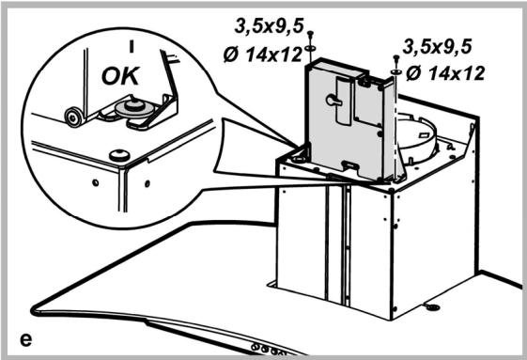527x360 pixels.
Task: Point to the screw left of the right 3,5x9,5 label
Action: pos(395,59)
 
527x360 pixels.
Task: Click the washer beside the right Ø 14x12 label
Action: pos(395,70)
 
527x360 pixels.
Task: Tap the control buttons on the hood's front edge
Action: pos(268,347)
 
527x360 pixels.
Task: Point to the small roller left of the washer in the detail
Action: pos(71,115)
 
